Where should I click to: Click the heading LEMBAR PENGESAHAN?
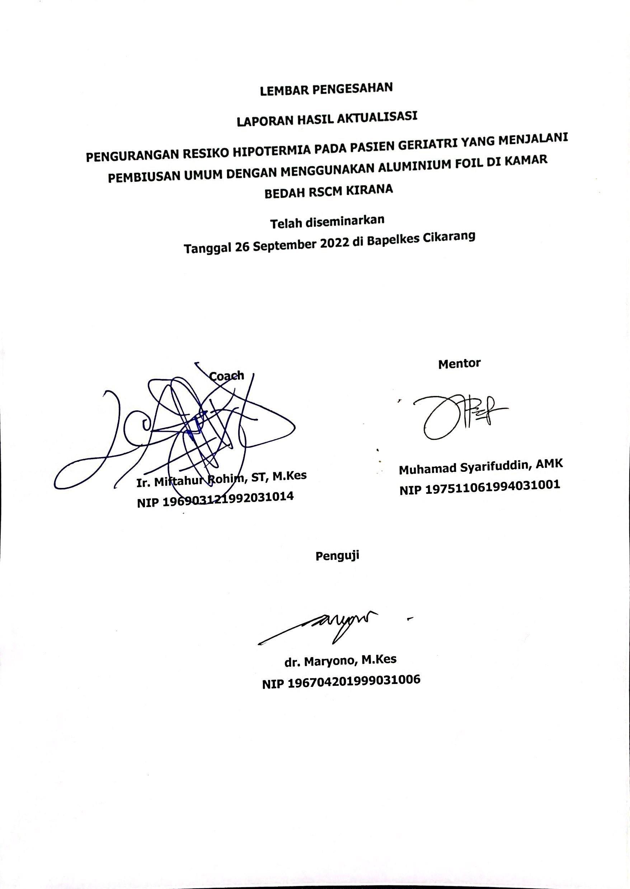326,90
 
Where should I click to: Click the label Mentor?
459,364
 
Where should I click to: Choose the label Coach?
227,376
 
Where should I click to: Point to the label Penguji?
337,555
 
